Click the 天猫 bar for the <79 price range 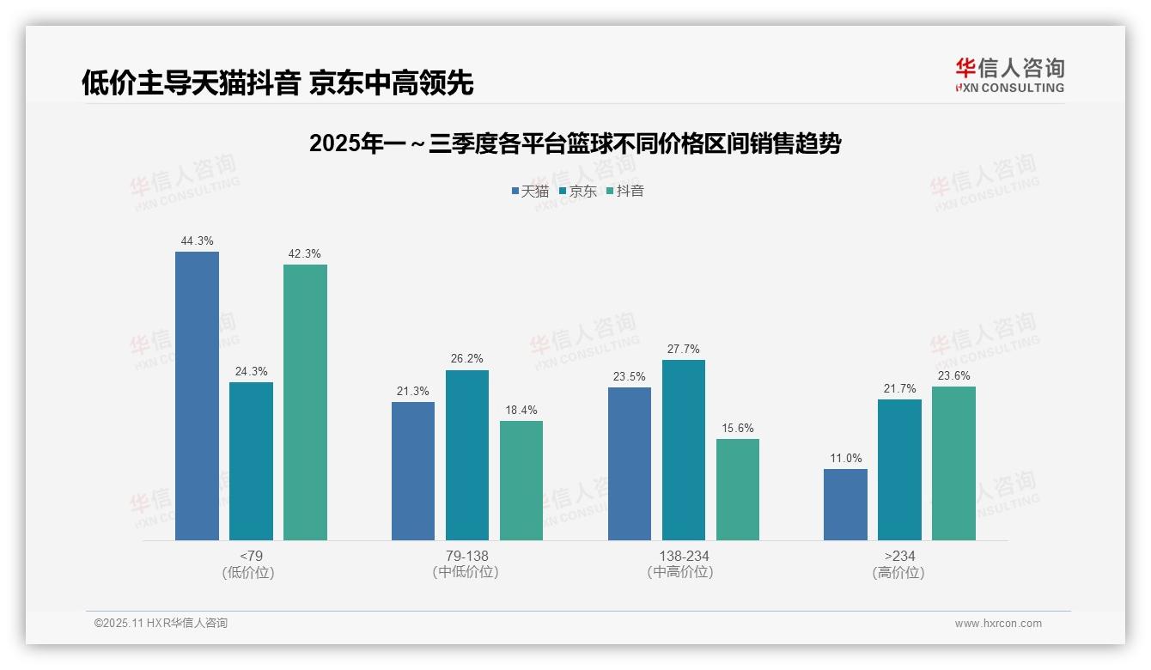[x=197, y=396]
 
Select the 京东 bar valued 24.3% [x=251, y=461]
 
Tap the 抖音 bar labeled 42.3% [x=305, y=402]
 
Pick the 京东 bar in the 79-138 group [x=467, y=455]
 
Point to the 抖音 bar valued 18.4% [x=521, y=480]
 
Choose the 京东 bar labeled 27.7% [x=684, y=450]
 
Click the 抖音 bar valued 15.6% [x=738, y=490]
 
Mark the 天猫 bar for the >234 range [x=845, y=504]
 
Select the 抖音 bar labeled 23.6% [x=953, y=463]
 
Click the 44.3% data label [x=197, y=241]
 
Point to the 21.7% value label [x=899, y=389]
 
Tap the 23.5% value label [x=630, y=377]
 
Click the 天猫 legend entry [x=530, y=192]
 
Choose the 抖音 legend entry [x=625, y=192]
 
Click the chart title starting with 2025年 [x=575, y=143]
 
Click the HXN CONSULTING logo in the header [x=1009, y=76]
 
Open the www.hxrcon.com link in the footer [x=998, y=624]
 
